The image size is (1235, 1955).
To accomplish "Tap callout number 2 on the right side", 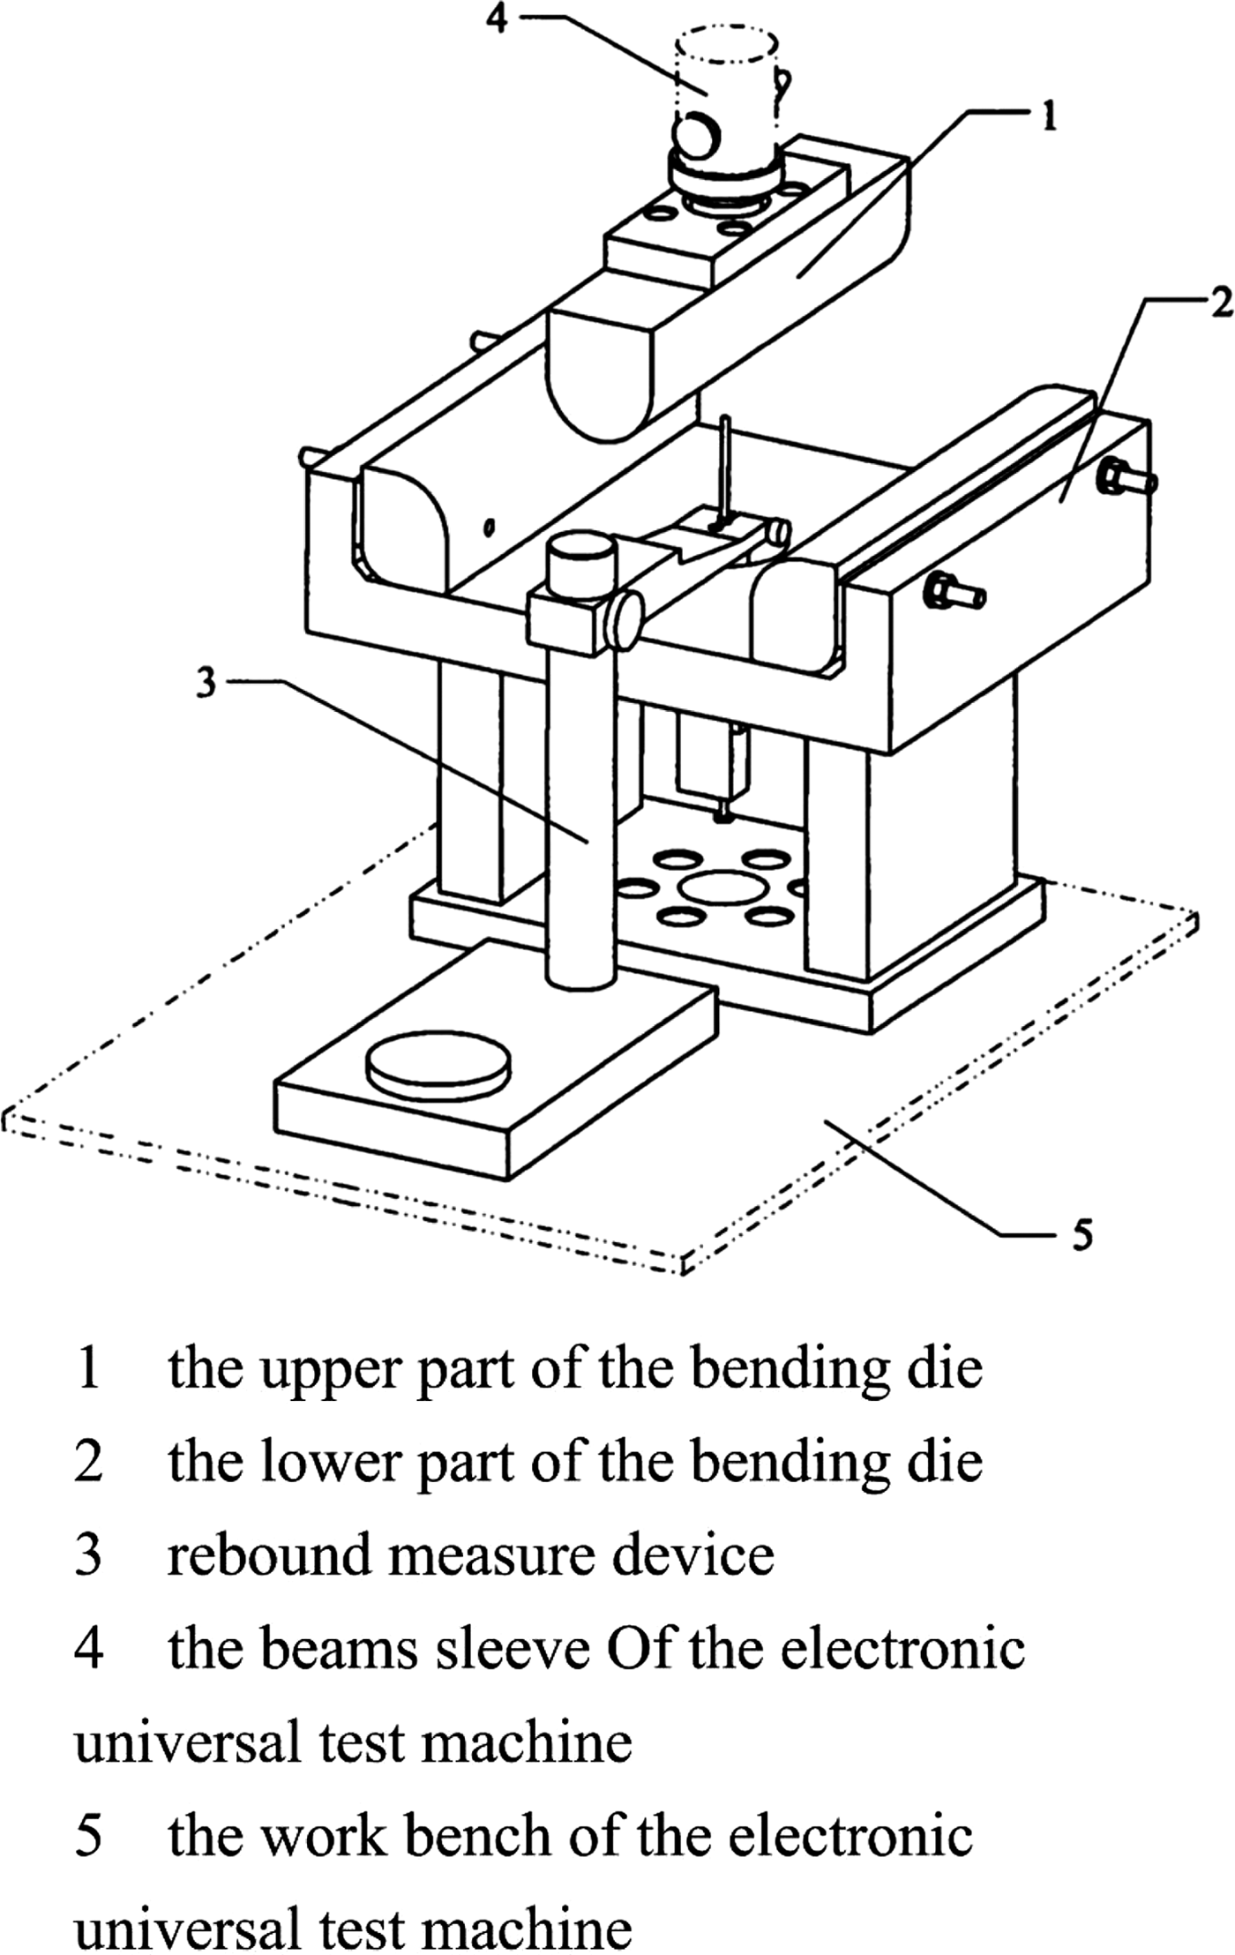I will (1220, 304).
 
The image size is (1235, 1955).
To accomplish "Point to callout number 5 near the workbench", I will (1082, 1234).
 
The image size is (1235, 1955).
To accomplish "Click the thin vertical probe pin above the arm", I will (725, 468).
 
